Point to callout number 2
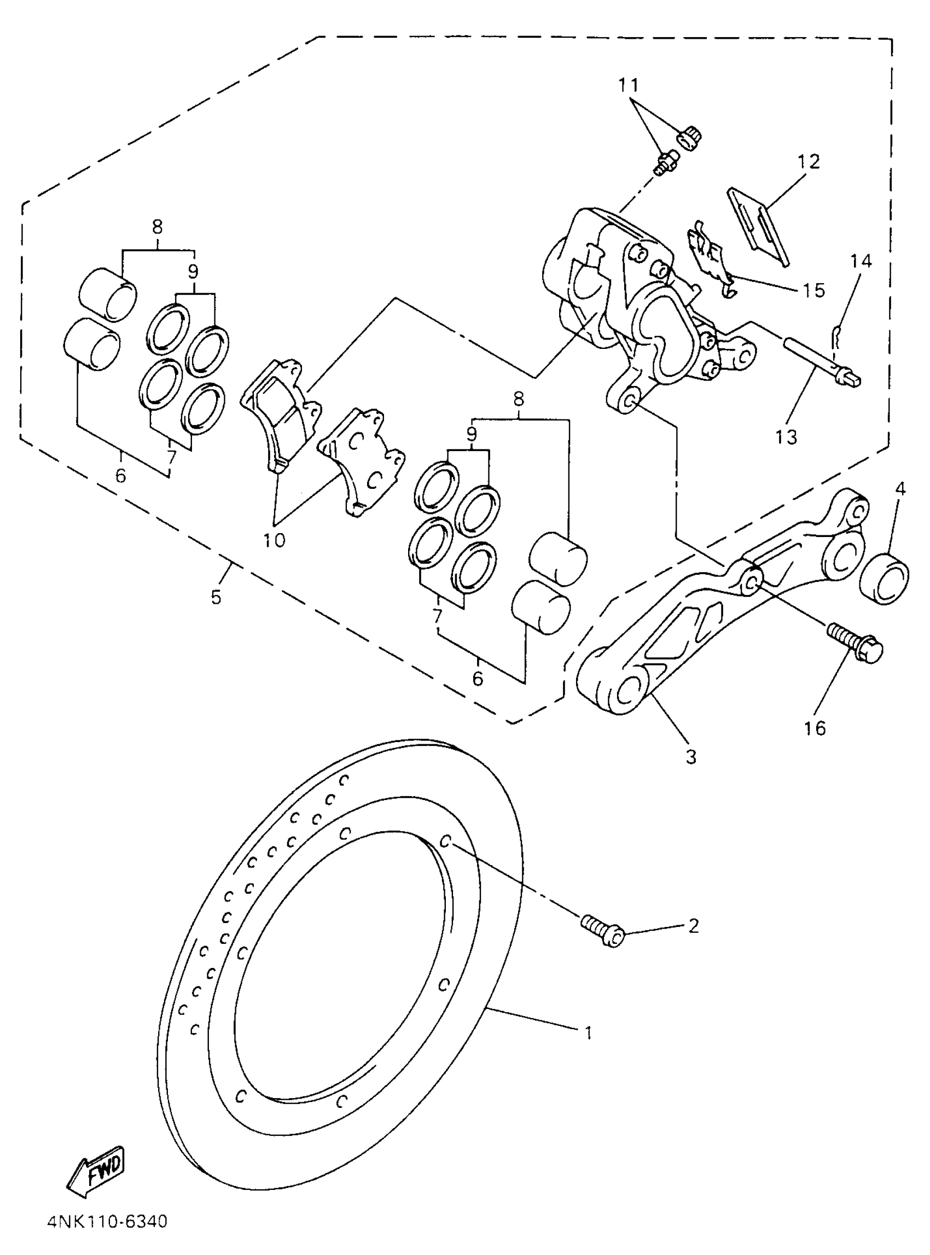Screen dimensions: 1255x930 coord(693,925)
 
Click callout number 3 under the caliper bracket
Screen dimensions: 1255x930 coord(691,757)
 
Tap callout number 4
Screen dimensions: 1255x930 coord(899,489)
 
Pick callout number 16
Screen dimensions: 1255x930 coord(815,728)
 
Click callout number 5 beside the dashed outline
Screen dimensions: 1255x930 coord(217,597)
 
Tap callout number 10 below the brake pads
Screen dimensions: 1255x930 coord(274,540)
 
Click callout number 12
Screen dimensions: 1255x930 coord(809,161)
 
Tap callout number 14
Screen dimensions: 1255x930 coord(861,261)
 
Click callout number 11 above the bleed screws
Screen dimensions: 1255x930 coord(629,85)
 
